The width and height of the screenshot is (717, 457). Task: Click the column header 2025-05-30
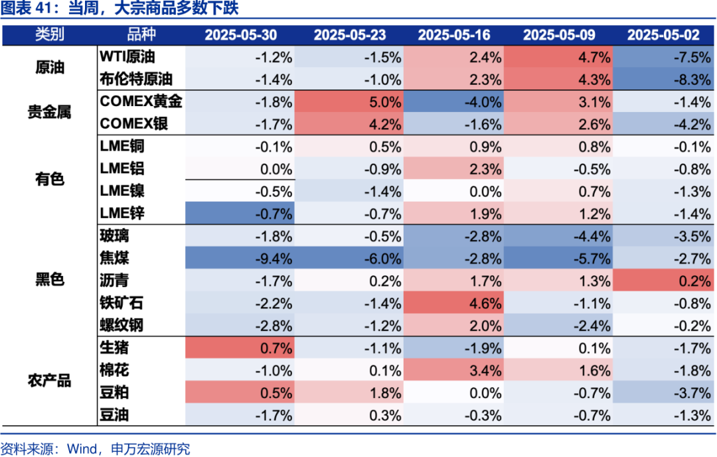240,35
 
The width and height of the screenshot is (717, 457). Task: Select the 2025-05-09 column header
559,35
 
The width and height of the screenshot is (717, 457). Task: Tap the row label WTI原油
128,57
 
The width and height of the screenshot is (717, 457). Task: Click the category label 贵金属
49,112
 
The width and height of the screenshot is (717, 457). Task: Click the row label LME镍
122,191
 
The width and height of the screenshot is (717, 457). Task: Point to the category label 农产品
49,381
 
